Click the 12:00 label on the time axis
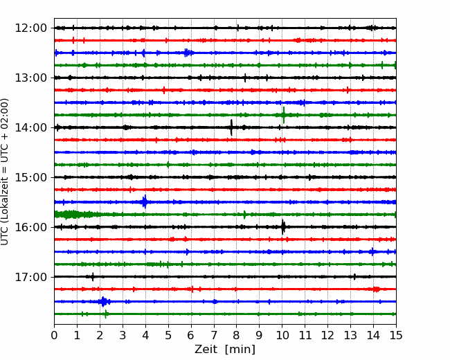point(30,28)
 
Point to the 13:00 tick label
point(30,78)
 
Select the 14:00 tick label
point(30,127)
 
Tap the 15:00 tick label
point(30,177)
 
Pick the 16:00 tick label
point(30,227)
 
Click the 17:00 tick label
point(30,277)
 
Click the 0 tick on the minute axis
point(54,335)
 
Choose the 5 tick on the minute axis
point(168,335)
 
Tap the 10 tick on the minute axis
point(282,335)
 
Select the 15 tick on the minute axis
point(396,335)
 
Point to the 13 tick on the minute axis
point(351,335)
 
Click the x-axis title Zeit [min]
point(225,350)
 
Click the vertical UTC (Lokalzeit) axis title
point(5,172)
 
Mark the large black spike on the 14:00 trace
point(231,127)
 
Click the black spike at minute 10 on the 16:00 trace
point(283,227)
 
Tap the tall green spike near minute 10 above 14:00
point(284,115)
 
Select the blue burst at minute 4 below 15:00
point(145,202)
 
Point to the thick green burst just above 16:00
point(75,215)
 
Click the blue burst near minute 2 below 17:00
point(104,301)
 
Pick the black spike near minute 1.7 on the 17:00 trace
point(92,277)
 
